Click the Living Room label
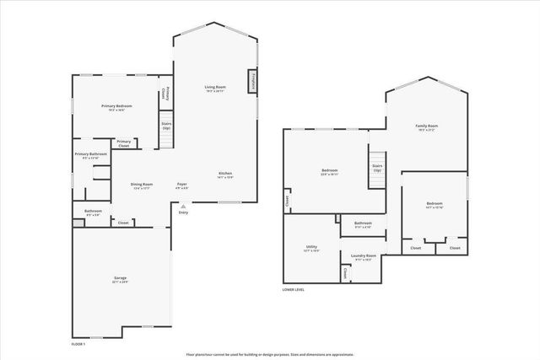(215, 88)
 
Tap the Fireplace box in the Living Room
(252, 82)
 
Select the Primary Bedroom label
(117, 107)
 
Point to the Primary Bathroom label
(90, 155)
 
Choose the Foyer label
(181, 185)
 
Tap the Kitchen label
(225, 175)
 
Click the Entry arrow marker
(183, 210)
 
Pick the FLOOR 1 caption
(78, 344)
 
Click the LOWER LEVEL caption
(294, 289)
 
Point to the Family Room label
(426, 127)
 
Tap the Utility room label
(310, 248)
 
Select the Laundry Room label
(364, 256)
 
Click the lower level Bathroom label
(363, 224)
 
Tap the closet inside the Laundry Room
(345, 273)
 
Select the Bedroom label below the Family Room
(435, 204)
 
